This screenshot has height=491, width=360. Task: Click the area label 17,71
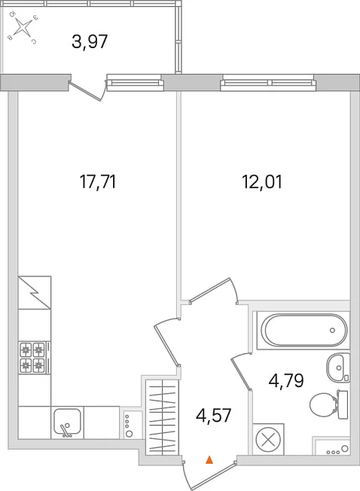pyautogui.click(x=98, y=182)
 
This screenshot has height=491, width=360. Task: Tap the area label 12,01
pyautogui.click(x=262, y=182)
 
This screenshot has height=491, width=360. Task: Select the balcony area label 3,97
pyautogui.click(x=90, y=41)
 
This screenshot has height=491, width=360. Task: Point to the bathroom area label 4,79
pyautogui.click(x=286, y=381)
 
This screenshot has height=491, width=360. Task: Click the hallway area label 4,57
pyautogui.click(x=213, y=416)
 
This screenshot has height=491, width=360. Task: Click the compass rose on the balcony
pyautogui.click(x=23, y=28)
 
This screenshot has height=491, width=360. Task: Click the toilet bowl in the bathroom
pyautogui.click(x=328, y=404)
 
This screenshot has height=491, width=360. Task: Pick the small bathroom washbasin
pyautogui.click(x=338, y=367)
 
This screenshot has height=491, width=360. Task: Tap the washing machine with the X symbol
pyautogui.click(x=268, y=439)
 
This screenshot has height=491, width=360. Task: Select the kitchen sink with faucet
pyautogui.click(x=67, y=422)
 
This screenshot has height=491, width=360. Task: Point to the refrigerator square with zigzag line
pyautogui.click(x=35, y=292)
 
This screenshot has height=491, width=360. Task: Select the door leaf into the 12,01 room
pyautogui.click(x=209, y=290)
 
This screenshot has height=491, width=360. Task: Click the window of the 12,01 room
pyautogui.click(x=268, y=82)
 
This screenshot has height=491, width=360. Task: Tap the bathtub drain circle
pyautogui.click(x=332, y=330)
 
